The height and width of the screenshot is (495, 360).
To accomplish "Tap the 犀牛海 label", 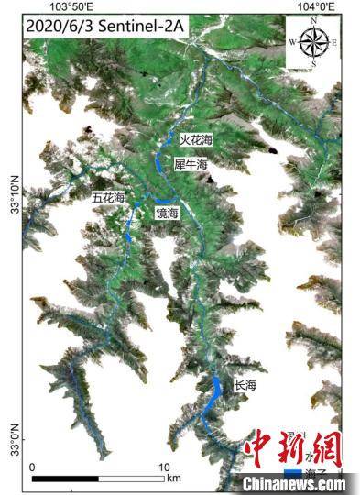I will click(191, 164).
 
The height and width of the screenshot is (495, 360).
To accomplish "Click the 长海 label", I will click(245, 385).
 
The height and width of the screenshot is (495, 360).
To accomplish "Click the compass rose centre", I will click(312, 42).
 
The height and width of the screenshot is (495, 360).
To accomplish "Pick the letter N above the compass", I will click(313, 19).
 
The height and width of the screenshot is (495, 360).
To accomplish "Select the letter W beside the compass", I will click(291, 42).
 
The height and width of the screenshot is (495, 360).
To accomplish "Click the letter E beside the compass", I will click(333, 42).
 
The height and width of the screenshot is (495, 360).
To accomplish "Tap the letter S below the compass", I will click(313, 64).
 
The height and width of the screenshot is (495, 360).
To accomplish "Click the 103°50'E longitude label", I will click(72, 6).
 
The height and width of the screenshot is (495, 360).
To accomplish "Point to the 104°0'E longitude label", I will click(317, 6).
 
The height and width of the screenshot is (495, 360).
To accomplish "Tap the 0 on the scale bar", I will click(33, 467).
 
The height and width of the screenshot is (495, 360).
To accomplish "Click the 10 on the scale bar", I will click(166, 467).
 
